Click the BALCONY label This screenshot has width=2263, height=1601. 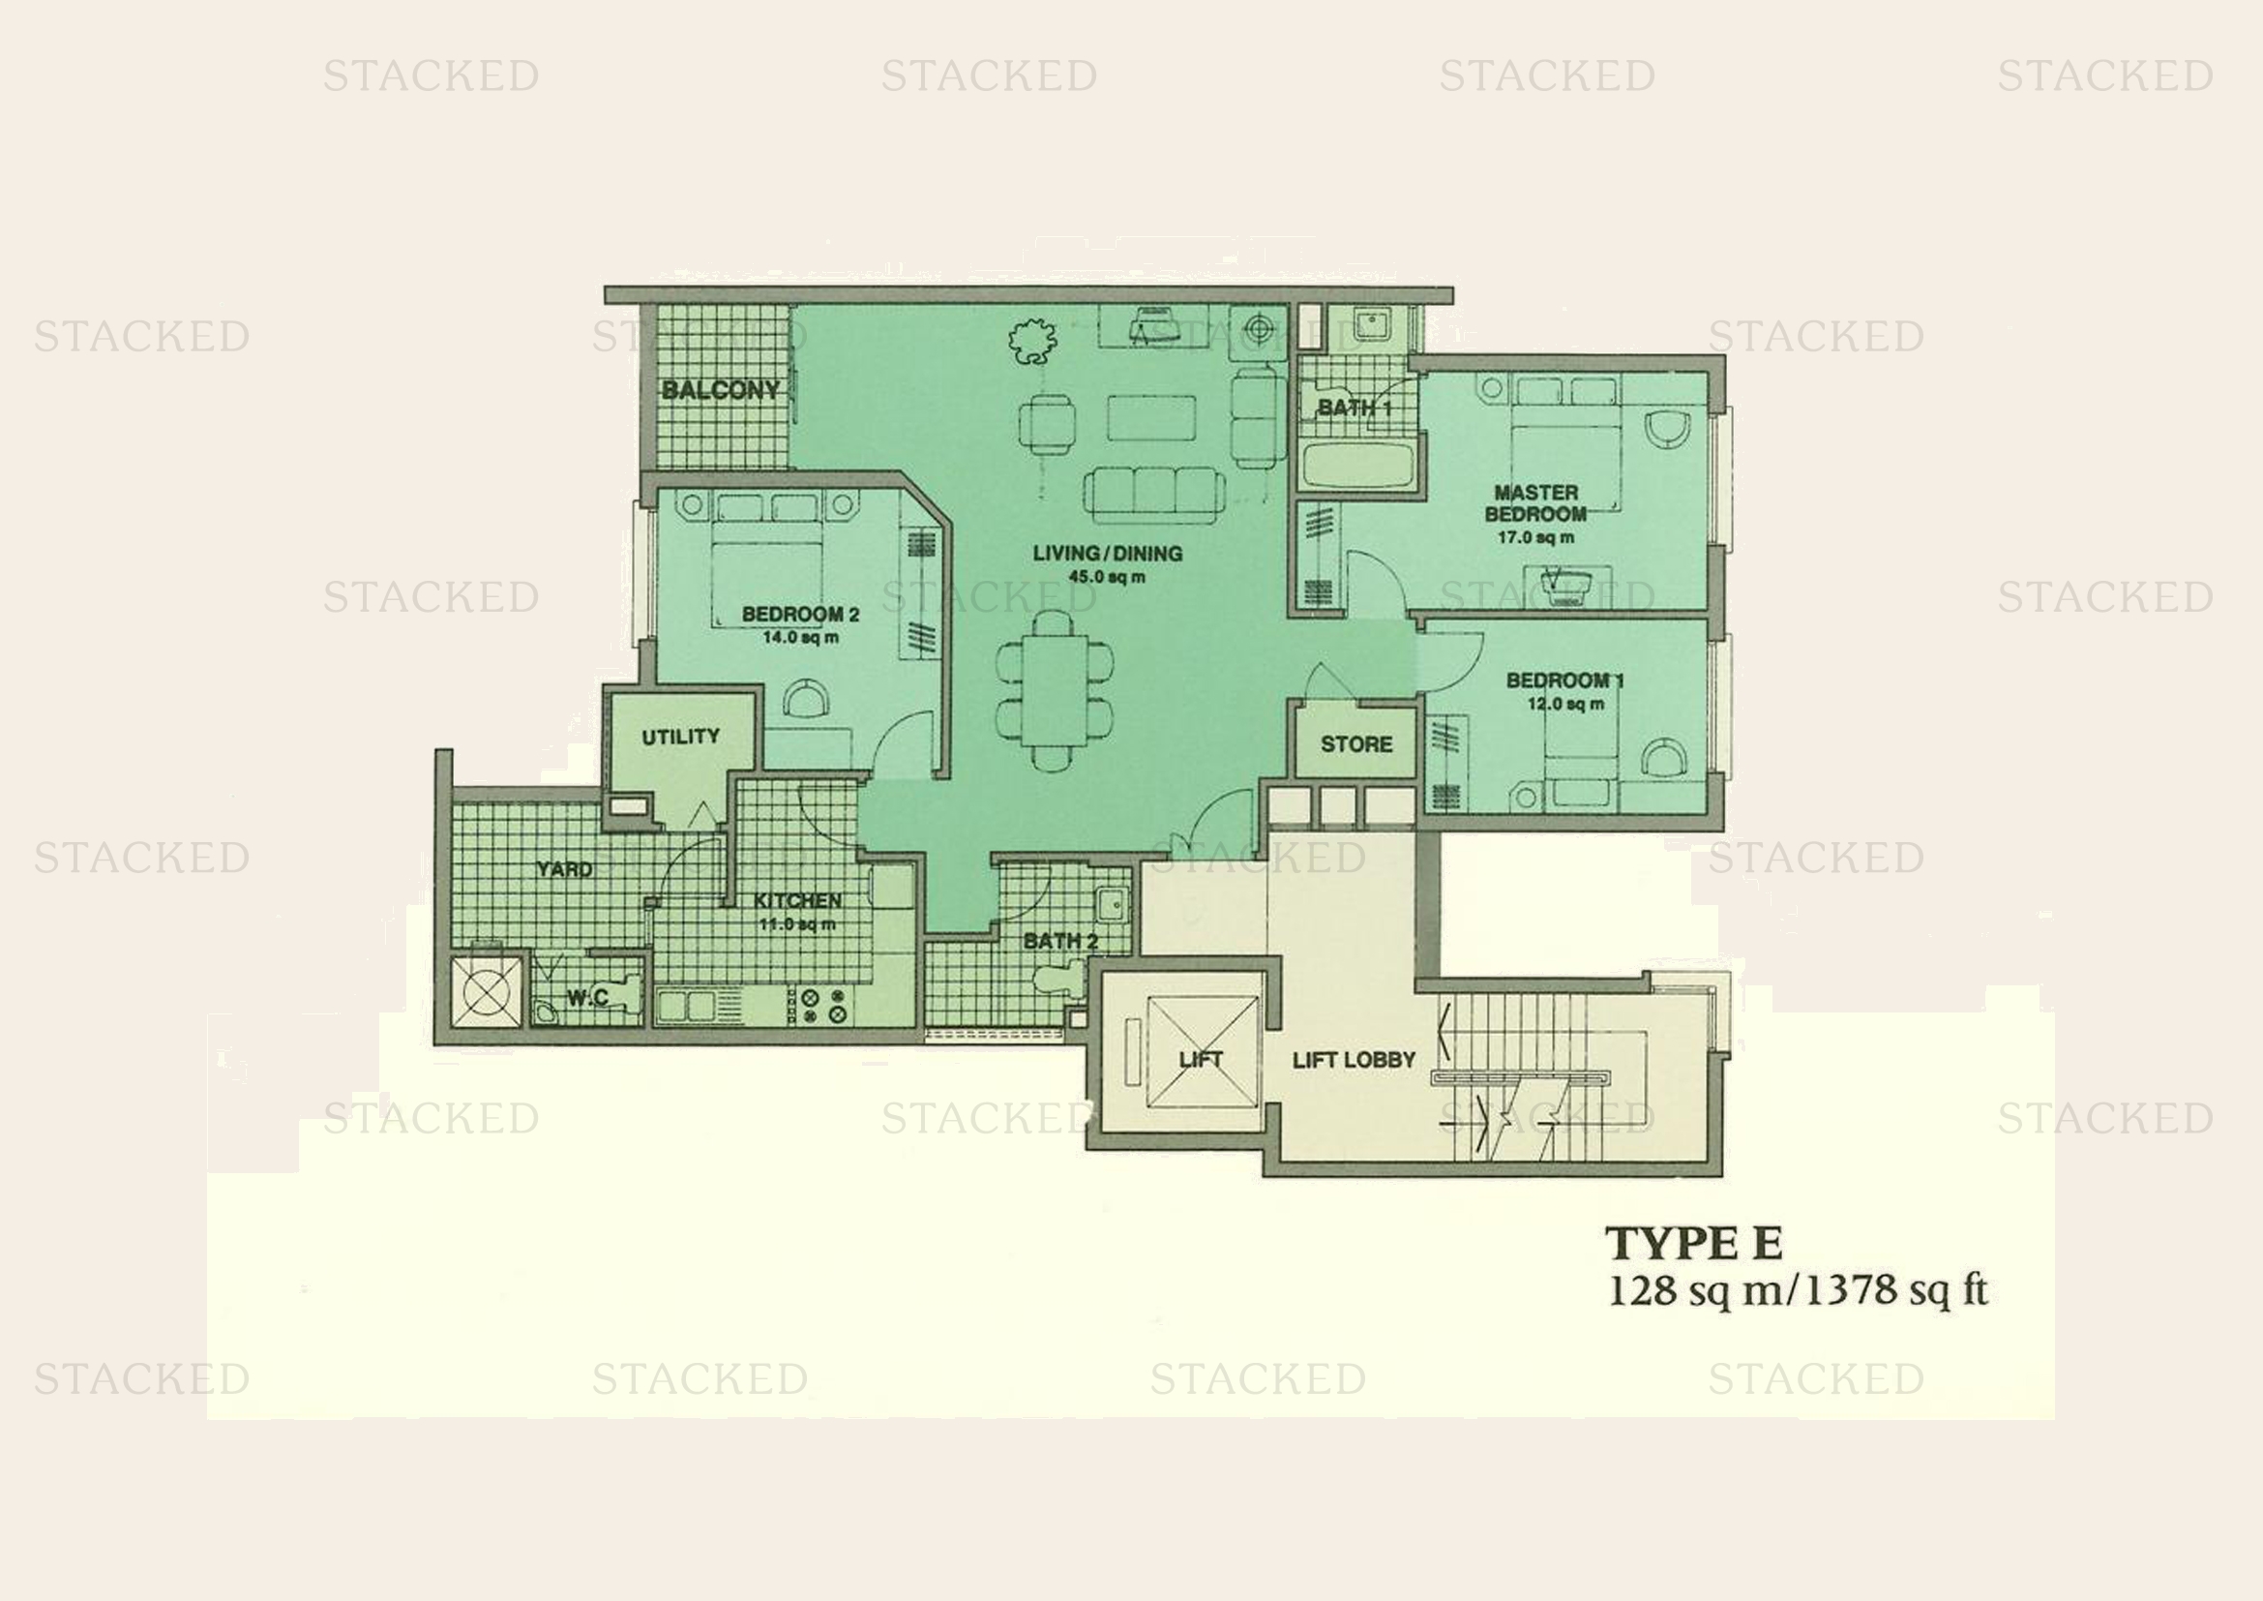tap(721, 390)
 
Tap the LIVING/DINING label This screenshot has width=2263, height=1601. tap(1107, 553)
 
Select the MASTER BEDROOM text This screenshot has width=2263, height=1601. tap(1535, 502)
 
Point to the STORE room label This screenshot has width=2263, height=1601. tap(1356, 744)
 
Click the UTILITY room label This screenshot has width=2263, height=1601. tap(680, 737)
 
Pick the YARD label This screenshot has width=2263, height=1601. tap(565, 869)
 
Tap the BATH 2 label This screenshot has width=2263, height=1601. tap(1060, 942)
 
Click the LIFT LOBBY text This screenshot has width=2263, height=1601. tap(1355, 1060)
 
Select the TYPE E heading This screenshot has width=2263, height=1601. tap(1694, 1244)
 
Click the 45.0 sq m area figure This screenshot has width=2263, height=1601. tap(1107, 577)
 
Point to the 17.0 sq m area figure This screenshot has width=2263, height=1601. tap(1535, 538)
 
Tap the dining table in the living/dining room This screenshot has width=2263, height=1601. tap(1054, 690)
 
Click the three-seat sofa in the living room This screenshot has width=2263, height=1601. tap(1154, 494)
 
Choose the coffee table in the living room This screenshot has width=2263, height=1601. tap(1151, 417)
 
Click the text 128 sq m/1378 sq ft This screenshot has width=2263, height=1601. tap(1798, 1291)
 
